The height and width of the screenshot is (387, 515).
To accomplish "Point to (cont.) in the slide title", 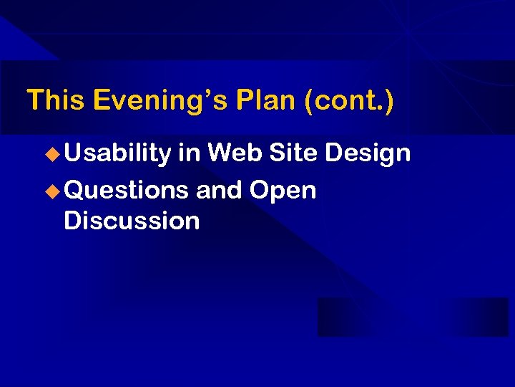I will click(x=348, y=100).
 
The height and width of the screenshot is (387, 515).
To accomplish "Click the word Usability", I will click(x=117, y=153).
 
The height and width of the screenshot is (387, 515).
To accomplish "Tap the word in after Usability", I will click(x=190, y=153).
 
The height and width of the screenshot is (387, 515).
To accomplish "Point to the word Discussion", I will click(x=132, y=221).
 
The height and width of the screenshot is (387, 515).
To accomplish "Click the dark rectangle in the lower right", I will click(x=412, y=317).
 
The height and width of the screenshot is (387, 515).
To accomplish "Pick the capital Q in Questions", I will click(x=73, y=191).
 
